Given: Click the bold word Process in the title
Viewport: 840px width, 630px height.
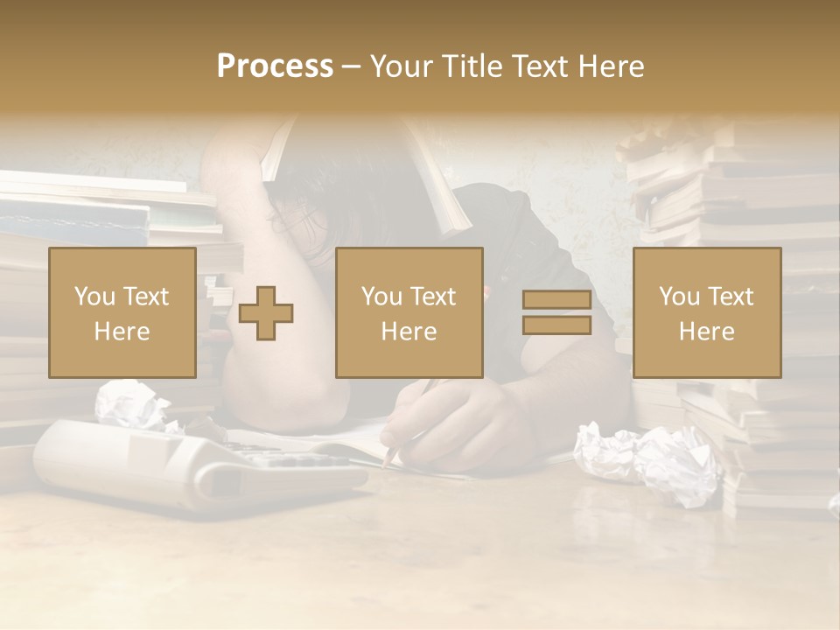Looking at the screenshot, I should pyautogui.click(x=275, y=66).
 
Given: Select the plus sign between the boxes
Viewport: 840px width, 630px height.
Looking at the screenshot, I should pyautogui.click(x=266, y=313).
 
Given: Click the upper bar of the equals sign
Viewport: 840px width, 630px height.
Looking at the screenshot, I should pyautogui.click(x=556, y=300).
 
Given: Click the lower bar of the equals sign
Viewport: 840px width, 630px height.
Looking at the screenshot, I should pyautogui.click(x=556, y=325).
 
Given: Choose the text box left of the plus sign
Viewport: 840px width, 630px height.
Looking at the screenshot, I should pyautogui.click(x=122, y=313).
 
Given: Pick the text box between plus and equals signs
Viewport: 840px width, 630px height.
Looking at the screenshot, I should pyautogui.click(x=409, y=313).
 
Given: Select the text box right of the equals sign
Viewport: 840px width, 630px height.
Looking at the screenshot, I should pyautogui.click(x=707, y=313).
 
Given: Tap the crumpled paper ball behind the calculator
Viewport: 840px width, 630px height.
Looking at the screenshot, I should pyautogui.click(x=131, y=404).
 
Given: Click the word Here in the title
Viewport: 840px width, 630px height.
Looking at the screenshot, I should pyautogui.click(x=612, y=66).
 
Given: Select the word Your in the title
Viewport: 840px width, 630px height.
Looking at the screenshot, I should pyautogui.click(x=400, y=66).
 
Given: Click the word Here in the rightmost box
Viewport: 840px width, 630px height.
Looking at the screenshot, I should pyautogui.click(x=707, y=332).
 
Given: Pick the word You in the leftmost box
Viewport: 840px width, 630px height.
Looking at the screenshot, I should pyautogui.click(x=92, y=297).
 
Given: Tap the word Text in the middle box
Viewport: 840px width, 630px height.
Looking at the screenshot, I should pyautogui.click(x=433, y=297).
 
